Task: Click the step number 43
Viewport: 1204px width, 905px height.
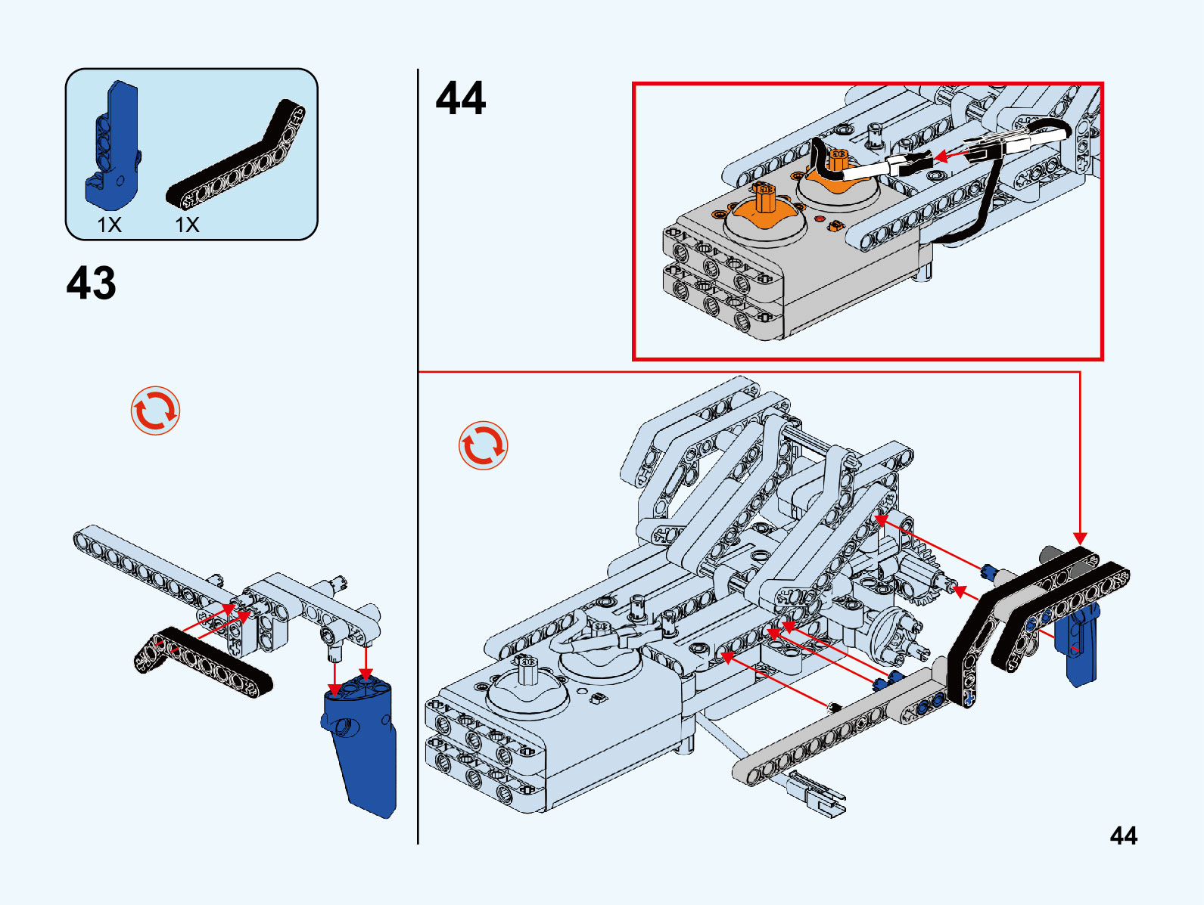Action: pyautogui.click(x=92, y=284)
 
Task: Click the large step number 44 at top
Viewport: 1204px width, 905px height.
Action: pyautogui.click(x=460, y=99)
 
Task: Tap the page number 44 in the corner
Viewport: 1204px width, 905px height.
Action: pyautogui.click(x=1123, y=835)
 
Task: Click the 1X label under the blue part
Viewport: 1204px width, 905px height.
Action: pyautogui.click(x=109, y=225)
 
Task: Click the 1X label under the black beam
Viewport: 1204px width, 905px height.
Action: pyautogui.click(x=187, y=225)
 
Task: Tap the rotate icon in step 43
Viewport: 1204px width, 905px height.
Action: pyautogui.click(x=155, y=411)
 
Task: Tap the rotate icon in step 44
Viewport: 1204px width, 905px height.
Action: pyautogui.click(x=483, y=445)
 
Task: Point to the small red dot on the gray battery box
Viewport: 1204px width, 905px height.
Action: pyautogui.click(x=820, y=219)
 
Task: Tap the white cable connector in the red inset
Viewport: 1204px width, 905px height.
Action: pyautogui.click(x=866, y=172)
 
